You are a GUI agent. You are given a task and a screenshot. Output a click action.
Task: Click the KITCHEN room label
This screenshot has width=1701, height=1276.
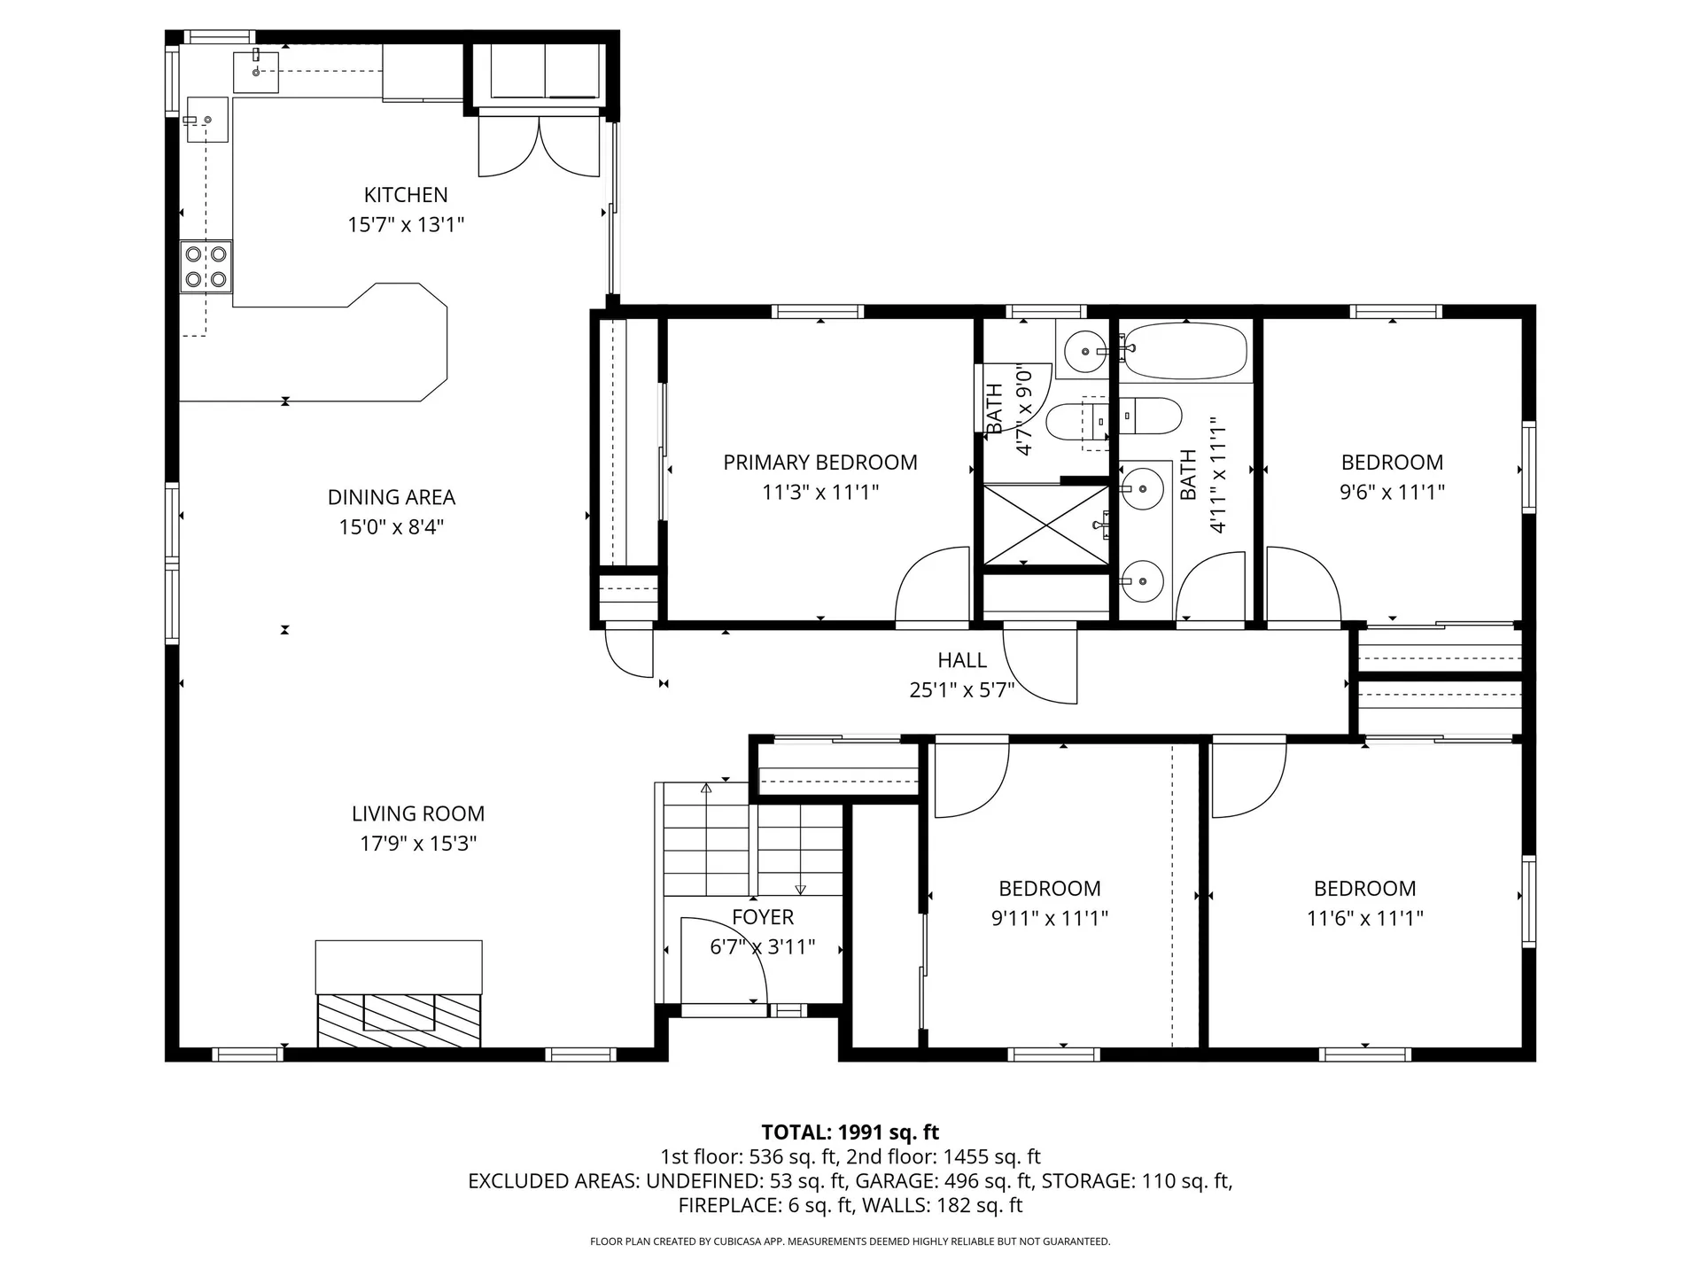406,195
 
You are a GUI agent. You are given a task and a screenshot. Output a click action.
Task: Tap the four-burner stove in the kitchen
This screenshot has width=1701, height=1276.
206,267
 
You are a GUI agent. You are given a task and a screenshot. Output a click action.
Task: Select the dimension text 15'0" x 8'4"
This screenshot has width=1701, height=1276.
391,527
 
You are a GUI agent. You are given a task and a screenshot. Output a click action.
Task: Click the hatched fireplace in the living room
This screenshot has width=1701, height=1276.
399,1019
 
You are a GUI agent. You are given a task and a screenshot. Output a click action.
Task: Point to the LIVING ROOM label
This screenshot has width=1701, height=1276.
418,813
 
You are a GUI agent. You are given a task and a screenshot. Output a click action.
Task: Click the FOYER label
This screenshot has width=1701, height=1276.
763,917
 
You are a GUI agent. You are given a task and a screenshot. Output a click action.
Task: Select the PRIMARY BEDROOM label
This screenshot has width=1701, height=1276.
820,463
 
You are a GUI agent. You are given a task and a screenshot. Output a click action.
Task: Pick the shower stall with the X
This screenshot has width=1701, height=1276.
1046,525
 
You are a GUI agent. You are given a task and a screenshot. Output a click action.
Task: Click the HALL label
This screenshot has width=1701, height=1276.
962,660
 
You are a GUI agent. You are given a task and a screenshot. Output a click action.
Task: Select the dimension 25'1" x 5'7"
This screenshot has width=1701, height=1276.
962,689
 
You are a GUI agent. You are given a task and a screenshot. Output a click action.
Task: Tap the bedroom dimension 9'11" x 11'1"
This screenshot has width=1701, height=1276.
1050,918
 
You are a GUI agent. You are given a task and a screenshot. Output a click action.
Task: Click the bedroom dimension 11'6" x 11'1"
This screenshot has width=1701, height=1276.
1365,918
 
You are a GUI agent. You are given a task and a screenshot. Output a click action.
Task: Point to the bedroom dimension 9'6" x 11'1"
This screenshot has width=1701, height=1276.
1393,492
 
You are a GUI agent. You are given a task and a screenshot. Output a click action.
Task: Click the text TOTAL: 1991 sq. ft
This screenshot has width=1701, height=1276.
850,1132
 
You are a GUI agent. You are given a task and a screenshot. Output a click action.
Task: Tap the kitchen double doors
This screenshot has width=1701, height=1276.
539,149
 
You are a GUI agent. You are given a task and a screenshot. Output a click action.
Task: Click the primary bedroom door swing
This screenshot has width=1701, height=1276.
932,585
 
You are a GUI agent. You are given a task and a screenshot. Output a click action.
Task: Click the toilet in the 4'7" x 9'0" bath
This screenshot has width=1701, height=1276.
1075,422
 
